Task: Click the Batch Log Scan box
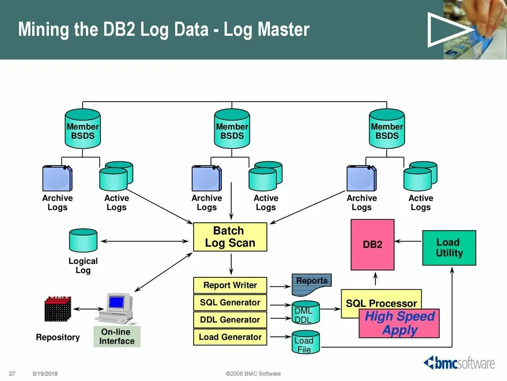pyautogui.click(x=230, y=237)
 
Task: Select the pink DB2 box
pyautogui.click(x=372, y=245)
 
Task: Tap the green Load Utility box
pyautogui.click(x=449, y=248)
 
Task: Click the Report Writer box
pyautogui.click(x=230, y=285)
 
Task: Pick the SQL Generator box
pyautogui.click(x=230, y=303)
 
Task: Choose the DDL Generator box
pyautogui.click(x=230, y=320)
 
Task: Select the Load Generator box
pyautogui.click(x=230, y=337)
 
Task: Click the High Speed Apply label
pyautogui.click(x=399, y=323)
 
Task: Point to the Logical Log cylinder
pyautogui.click(x=83, y=241)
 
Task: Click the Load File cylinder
pyautogui.click(x=304, y=342)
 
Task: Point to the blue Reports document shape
pyautogui.click(x=310, y=285)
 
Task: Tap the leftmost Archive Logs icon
pyautogui.click(x=57, y=178)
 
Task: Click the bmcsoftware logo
pyautogui.click(x=458, y=363)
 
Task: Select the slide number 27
pyautogui.click(x=13, y=374)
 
